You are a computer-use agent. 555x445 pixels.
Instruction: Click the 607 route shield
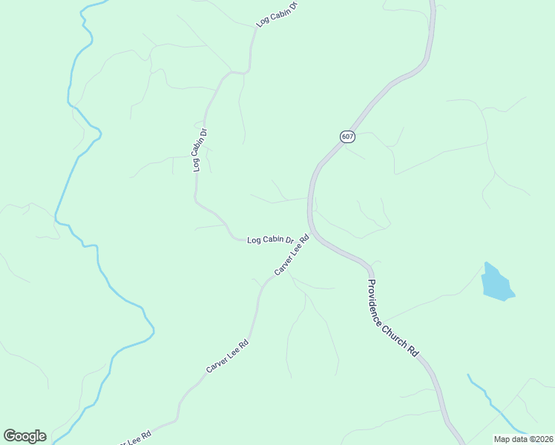[348, 136]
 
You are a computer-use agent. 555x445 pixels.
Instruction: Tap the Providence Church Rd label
[393, 320]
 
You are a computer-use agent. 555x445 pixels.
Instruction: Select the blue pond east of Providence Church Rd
[496, 283]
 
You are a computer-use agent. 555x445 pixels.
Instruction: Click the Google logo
[24, 436]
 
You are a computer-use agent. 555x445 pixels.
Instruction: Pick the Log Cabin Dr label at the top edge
[276, 15]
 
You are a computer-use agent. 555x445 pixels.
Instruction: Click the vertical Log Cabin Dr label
[199, 151]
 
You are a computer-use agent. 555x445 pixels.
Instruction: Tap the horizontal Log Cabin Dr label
[270, 240]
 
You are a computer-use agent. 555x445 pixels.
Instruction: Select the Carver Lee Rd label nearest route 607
[291, 256]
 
